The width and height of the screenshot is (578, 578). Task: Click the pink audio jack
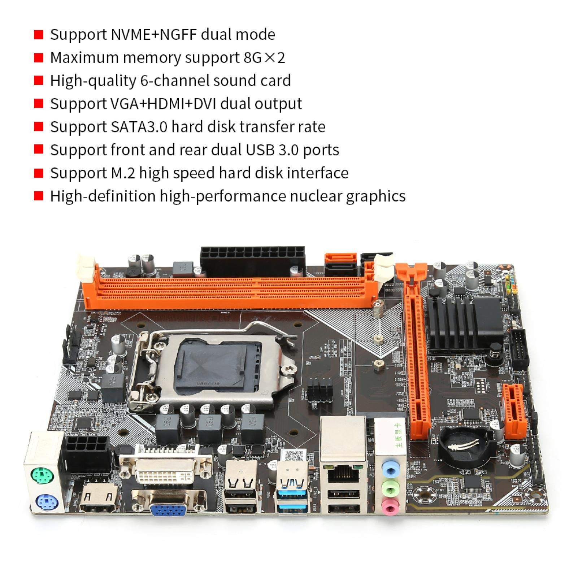pos(389,509)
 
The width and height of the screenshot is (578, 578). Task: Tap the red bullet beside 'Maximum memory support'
pos(39,58)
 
